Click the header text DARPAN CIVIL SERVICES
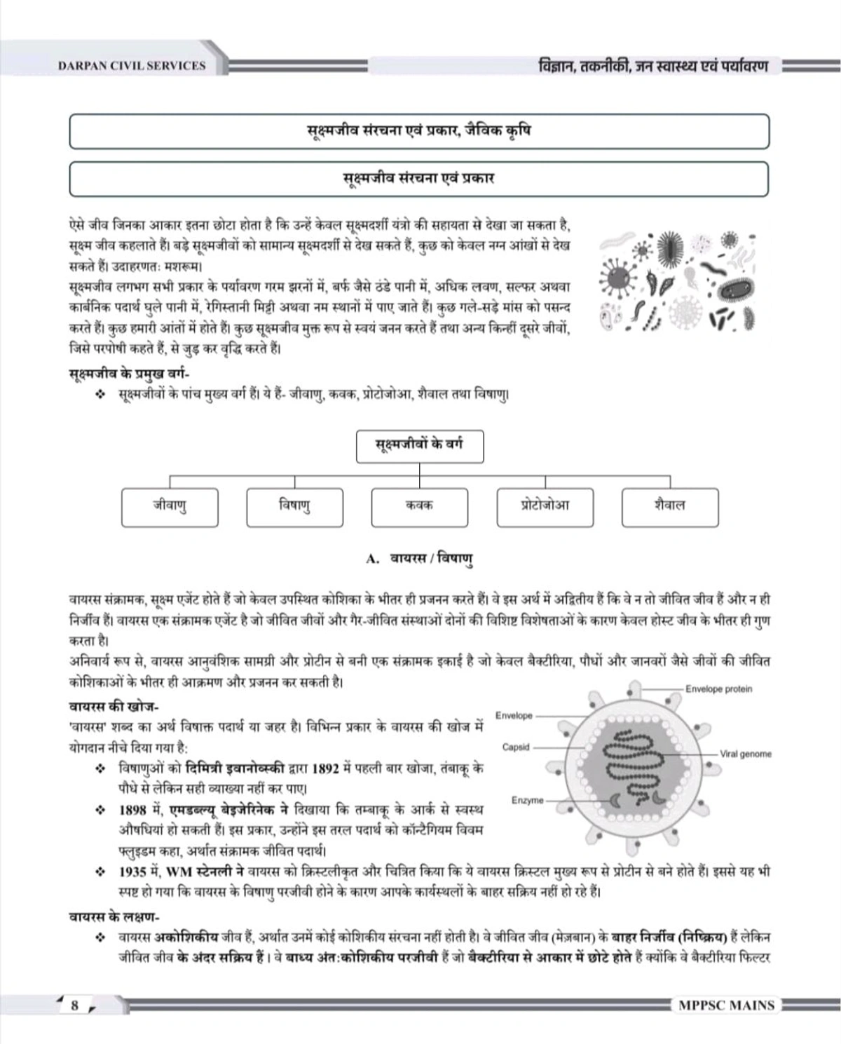pos(132,66)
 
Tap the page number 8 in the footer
pos(75,1005)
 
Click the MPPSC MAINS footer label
pos(726,1005)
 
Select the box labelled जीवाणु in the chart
pos(170,507)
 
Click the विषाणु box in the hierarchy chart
pos(294,507)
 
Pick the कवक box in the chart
pos(419,507)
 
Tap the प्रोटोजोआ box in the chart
pos(545,507)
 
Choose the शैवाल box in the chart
pos(670,507)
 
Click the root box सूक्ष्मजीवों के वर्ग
pos(419,446)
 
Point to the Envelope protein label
pos(718,689)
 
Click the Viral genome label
pos(746,754)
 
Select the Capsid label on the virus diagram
pos(516,747)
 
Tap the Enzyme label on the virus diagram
pos(527,800)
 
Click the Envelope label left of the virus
pos(514,715)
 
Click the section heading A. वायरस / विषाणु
pos(419,559)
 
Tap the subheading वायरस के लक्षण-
pos(115,916)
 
